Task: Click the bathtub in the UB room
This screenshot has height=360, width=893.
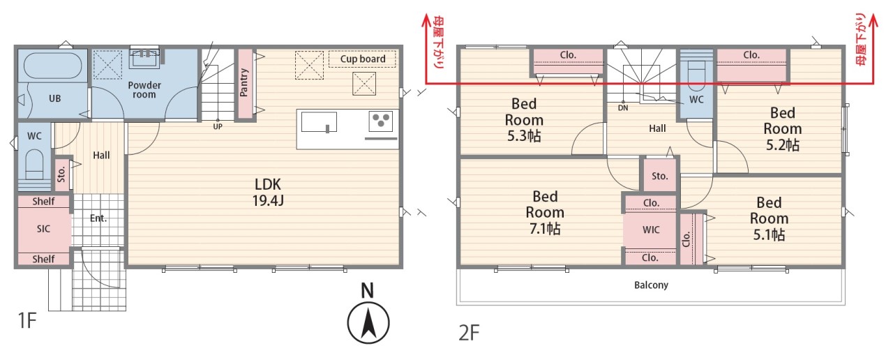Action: [52, 66]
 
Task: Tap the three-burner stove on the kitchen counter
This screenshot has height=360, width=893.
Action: [380, 121]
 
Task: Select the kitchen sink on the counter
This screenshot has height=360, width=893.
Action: [319, 121]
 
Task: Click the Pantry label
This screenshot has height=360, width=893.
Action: [244, 82]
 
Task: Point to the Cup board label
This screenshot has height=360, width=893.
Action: [363, 59]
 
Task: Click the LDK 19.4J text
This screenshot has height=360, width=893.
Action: [268, 192]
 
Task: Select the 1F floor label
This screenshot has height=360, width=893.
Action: [27, 320]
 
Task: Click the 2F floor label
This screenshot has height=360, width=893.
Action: [469, 333]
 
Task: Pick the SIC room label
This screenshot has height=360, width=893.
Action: [43, 229]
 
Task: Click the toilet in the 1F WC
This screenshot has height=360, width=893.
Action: [34, 164]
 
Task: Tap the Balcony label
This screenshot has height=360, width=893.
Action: [651, 285]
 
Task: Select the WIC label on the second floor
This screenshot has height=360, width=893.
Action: [651, 230]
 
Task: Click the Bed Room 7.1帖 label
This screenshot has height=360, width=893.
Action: [545, 213]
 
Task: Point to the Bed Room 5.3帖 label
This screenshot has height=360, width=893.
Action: [524, 120]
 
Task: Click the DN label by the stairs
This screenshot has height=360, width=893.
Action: [623, 107]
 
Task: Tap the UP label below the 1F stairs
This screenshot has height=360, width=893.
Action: [218, 126]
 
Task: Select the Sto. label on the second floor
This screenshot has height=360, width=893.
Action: [660, 176]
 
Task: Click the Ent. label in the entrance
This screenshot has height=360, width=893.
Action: [98, 218]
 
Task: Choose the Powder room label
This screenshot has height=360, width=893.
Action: [144, 90]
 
